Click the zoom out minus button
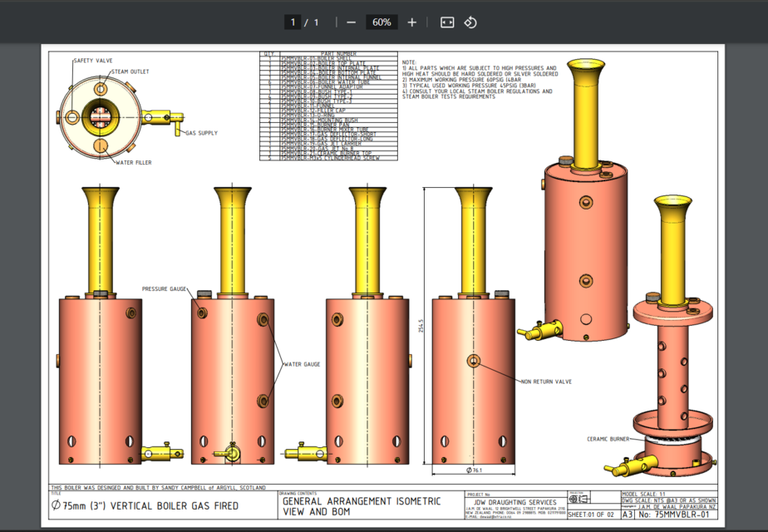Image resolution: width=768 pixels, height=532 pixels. tap(352, 22)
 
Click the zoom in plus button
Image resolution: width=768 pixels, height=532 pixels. tap(412, 22)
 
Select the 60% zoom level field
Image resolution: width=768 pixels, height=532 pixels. tap(382, 22)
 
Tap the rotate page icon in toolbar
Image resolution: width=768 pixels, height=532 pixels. tap(470, 22)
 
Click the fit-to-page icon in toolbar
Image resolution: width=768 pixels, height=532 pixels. tap(447, 22)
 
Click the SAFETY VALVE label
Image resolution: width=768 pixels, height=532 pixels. tap(93, 61)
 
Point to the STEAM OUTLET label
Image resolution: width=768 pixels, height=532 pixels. tap(130, 72)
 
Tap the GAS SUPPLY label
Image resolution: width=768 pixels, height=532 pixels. tap(201, 133)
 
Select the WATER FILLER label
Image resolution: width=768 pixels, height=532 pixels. tap(133, 163)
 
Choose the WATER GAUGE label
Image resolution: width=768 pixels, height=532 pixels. tap(303, 364)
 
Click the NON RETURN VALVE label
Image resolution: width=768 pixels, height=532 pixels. tap(546, 382)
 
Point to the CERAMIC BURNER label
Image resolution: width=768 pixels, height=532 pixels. tap(608, 439)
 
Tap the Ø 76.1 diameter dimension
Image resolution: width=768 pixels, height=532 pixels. tap(475, 471)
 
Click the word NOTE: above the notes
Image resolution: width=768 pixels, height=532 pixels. tap(409, 62)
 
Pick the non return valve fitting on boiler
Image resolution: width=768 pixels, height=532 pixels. tap(474, 361)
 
